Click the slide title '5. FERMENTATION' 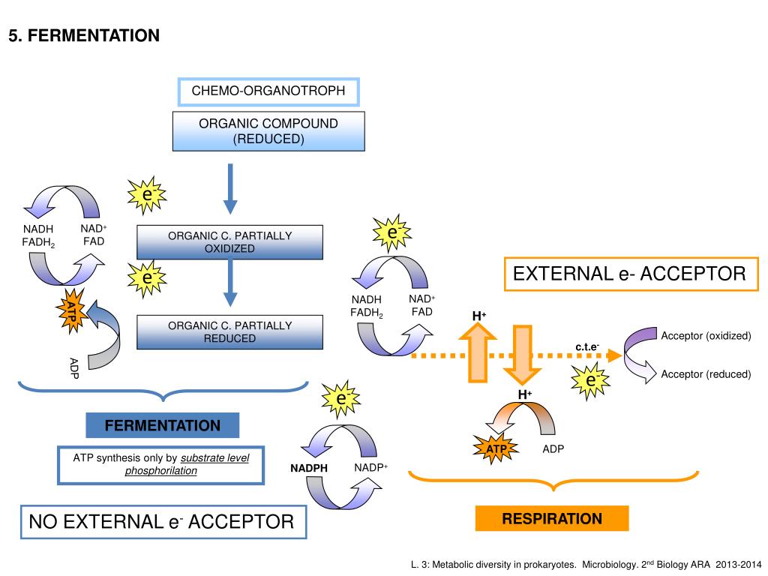[84, 36]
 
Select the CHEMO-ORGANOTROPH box [268, 91]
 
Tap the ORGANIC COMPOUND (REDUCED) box [268, 131]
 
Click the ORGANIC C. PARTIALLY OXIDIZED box [229, 242]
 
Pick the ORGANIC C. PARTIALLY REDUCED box [229, 332]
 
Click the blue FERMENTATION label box [163, 425]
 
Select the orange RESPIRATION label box [552, 518]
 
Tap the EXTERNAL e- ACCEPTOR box [631, 274]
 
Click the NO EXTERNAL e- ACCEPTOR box [163, 522]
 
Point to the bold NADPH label [309, 468]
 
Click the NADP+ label [370, 468]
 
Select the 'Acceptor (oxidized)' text [706, 336]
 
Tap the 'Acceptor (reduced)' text [706, 374]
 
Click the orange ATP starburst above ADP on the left [71, 311]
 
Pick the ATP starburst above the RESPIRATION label [496, 448]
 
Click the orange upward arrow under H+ [478, 352]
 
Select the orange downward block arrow [522, 355]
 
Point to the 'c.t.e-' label [586, 346]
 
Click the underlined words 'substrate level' [215, 458]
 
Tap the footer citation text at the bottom [586, 564]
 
